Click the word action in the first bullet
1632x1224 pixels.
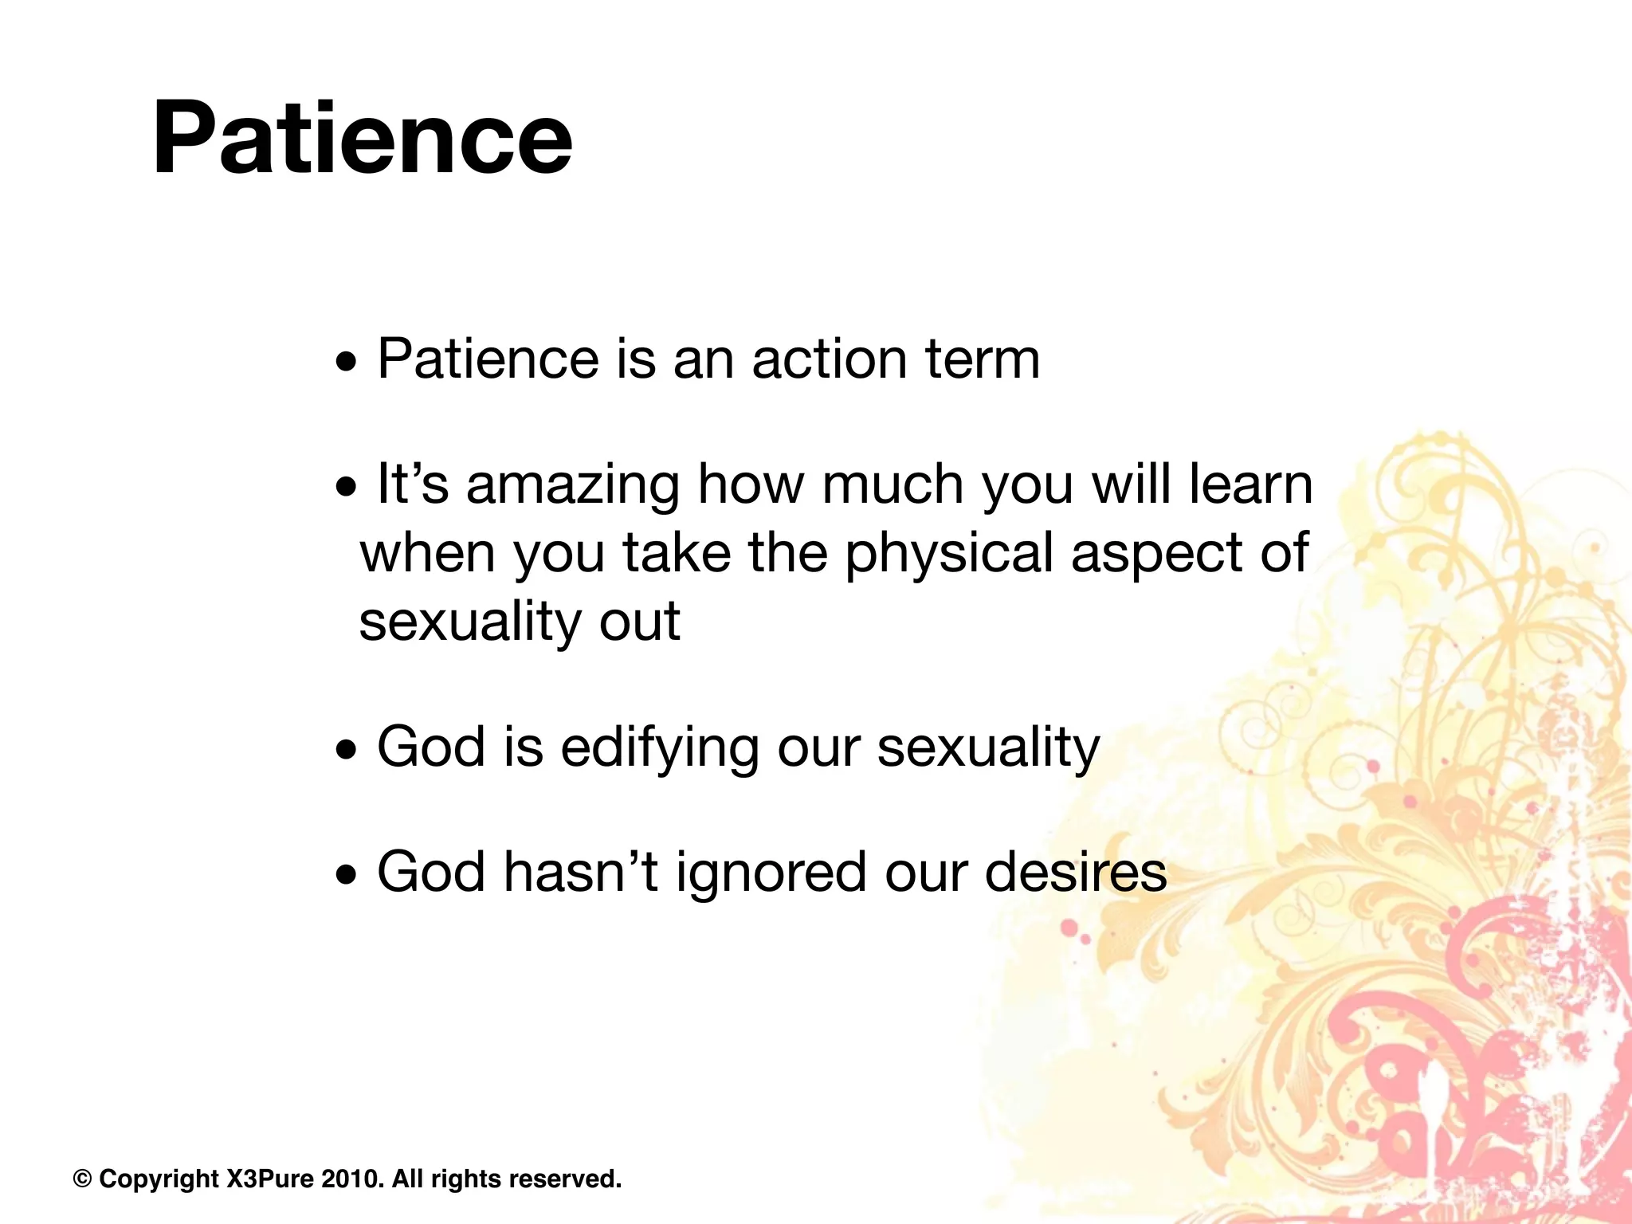pyautogui.click(x=830, y=359)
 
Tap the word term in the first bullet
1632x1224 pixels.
pyautogui.click(x=983, y=359)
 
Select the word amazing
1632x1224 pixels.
pyautogui.click(x=573, y=486)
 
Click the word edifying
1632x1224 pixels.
pyautogui.click(x=660, y=749)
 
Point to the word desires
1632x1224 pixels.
pyautogui.click(x=1076, y=873)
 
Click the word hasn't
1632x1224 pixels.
pyautogui.click(x=581, y=873)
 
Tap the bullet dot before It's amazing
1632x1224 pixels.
pyautogui.click(x=347, y=487)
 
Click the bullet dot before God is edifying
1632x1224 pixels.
pyautogui.click(x=347, y=750)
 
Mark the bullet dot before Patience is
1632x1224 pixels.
pyautogui.click(x=347, y=363)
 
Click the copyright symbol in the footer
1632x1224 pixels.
pyautogui.click(x=82, y=1179)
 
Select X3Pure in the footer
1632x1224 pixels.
pyautogui.click(x=271, y=1179)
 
